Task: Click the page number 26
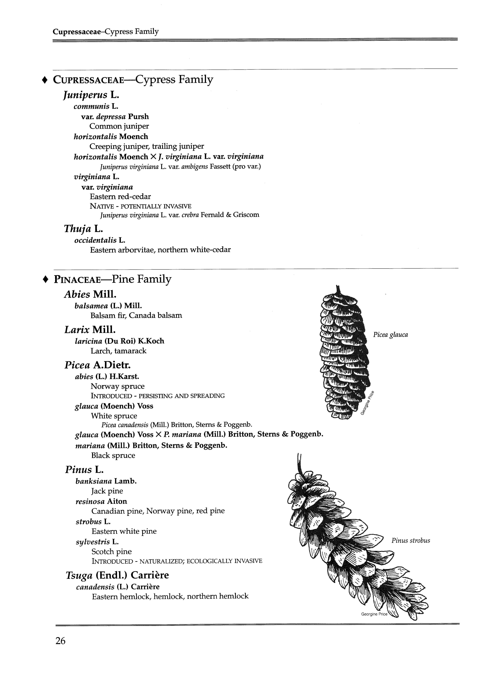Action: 60,641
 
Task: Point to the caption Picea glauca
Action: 390,335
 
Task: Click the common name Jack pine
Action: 107,491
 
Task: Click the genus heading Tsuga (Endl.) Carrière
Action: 117,575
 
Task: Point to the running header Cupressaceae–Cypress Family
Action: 106,32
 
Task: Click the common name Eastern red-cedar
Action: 120,197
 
